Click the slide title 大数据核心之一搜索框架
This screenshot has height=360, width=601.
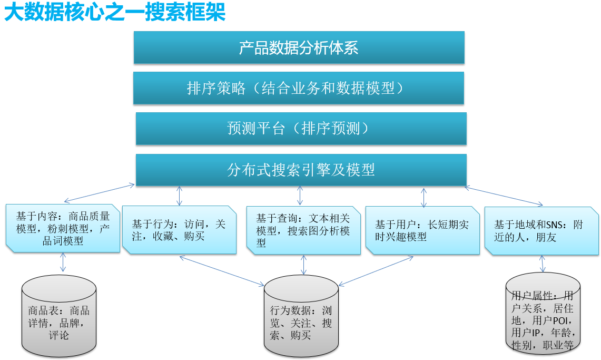tap(115, 12)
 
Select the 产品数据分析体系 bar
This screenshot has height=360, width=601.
tap(299, 47)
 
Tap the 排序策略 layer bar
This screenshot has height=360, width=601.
tap(299, 88)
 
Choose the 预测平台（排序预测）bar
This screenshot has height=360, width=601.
tap(301, 129)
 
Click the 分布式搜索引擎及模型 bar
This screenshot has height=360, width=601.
tap(301, 170)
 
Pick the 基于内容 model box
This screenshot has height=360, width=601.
tap(63, 228)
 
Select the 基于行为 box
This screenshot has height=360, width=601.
tap(179, 230)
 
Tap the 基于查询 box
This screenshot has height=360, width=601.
tap(303, 230)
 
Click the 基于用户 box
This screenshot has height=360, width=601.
tap(422, 230)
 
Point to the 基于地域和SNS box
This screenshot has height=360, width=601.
tap(541, 231)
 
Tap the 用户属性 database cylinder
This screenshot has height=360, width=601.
tap(543, 314)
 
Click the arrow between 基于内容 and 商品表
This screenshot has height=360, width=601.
tap(63, 262)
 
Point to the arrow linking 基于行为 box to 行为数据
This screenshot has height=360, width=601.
tap(222, 271)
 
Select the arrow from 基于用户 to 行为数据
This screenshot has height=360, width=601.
tap(376, 271)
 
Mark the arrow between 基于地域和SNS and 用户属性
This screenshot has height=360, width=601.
tap(543, 264)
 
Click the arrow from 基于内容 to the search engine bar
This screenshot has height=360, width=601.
tap(99, 193)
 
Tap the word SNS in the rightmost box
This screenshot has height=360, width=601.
tap(549, 225)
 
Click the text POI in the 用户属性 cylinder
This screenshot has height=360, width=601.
tap(557, 320)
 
